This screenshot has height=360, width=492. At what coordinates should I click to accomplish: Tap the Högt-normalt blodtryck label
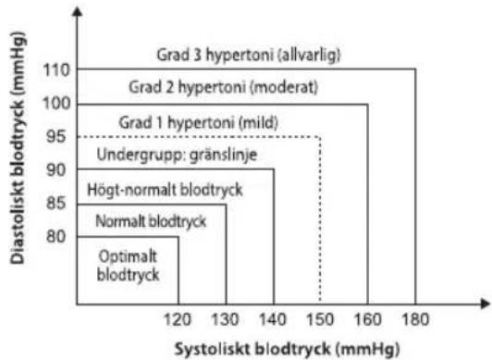[x=164, y=189]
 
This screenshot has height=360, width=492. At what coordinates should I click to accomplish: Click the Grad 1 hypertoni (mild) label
[x=199, y=121]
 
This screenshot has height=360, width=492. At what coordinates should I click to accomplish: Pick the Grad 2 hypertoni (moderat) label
[x=225, y=88]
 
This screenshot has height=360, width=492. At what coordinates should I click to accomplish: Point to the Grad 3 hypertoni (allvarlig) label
[x=249, y=55]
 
